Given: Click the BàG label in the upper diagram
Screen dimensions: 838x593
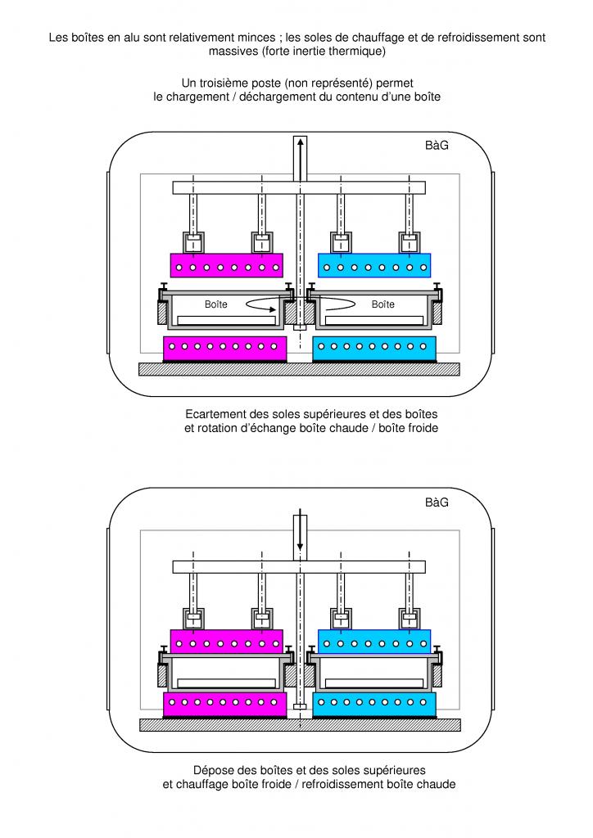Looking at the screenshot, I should tap(437, 146).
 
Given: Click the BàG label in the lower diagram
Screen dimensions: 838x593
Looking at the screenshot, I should tap(437, 502).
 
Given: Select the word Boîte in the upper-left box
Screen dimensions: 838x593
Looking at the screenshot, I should tap(216, 304).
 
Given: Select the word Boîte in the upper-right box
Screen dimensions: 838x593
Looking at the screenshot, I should tap(383, 304).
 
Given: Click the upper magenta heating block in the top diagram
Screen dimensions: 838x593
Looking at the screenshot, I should tap(226, 266).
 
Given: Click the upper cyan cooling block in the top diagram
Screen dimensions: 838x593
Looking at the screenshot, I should tap(373, 266).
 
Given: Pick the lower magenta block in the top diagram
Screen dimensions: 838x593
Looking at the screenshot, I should tap(225, 348).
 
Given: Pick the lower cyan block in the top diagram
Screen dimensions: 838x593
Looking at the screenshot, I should tap(374, 348).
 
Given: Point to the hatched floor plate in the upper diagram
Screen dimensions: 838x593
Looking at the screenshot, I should tap(299, 369).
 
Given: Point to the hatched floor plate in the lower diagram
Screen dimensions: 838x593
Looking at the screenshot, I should tap(299, 724).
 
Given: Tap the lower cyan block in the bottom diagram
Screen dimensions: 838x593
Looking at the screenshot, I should tap(374, 703).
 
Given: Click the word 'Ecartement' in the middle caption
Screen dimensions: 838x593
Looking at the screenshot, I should tap(217, 414).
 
